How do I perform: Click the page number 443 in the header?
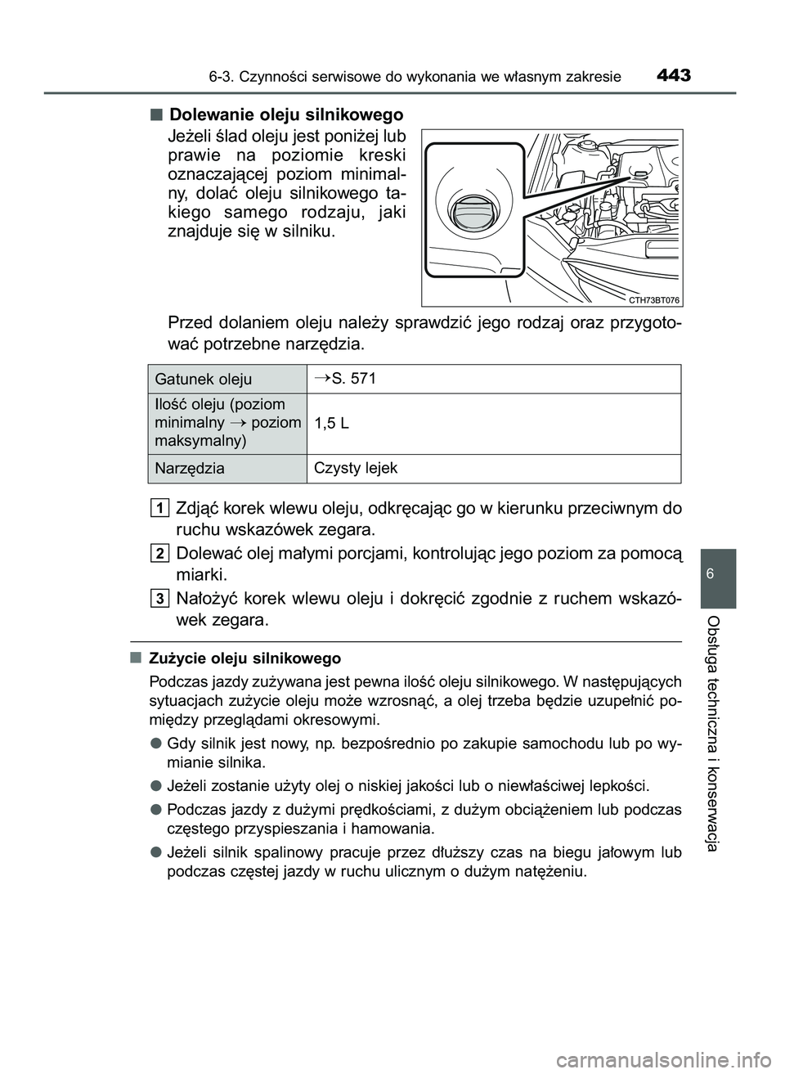(672, 76)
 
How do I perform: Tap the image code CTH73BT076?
(655, 300)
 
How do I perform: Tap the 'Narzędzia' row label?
(189, 469)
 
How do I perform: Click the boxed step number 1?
(160, 509)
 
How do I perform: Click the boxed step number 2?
(160, 553)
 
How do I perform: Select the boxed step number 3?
(160, 598)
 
